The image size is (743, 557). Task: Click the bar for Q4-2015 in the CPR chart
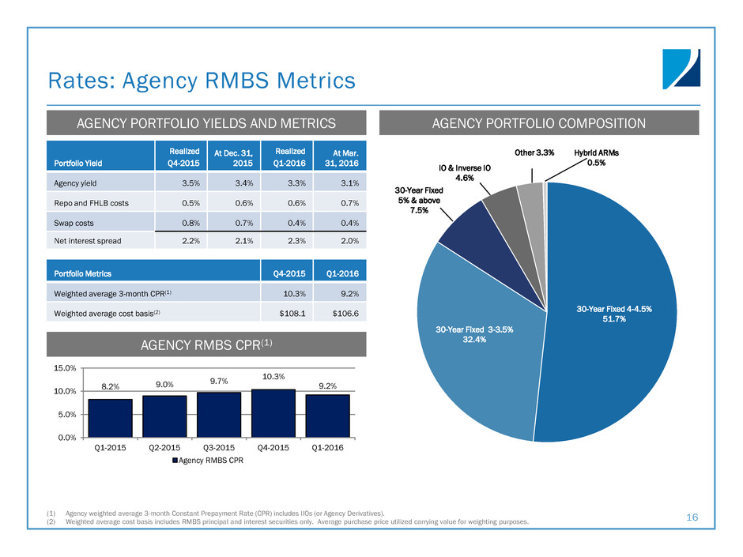coord(273,413)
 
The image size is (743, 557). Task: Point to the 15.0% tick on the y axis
coord(66,368)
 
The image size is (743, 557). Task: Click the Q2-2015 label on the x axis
coord(164,447)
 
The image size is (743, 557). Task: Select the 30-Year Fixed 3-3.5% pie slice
coord(474,340)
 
